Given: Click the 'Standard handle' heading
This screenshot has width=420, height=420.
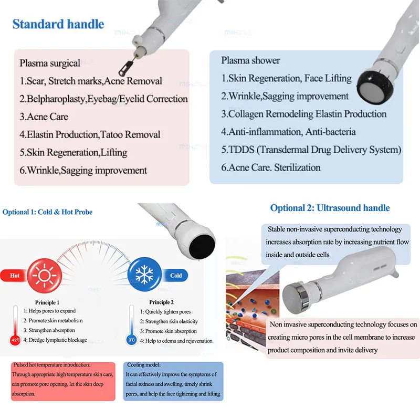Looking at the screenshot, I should pos(58,24).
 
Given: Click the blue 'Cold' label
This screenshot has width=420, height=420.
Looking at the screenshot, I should pos(175,275).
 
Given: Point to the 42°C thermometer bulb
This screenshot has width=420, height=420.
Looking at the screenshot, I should pos(15,340).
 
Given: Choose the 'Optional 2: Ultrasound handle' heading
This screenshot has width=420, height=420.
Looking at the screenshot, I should pos(330,208).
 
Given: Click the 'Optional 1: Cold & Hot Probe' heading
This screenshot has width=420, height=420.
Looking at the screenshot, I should pos(47,212).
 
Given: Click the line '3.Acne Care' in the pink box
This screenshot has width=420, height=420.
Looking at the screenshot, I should pos(44,117).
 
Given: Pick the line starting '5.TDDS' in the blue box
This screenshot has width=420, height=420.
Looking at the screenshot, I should pos(311,150).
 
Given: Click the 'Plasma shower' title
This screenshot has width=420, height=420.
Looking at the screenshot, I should pos(250,60).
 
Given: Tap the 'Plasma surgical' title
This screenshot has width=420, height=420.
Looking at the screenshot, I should pos(50,63).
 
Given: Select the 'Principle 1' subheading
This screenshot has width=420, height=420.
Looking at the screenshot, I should pos(47,302).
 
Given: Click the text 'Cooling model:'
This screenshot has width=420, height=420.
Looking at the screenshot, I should pos(143,365).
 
